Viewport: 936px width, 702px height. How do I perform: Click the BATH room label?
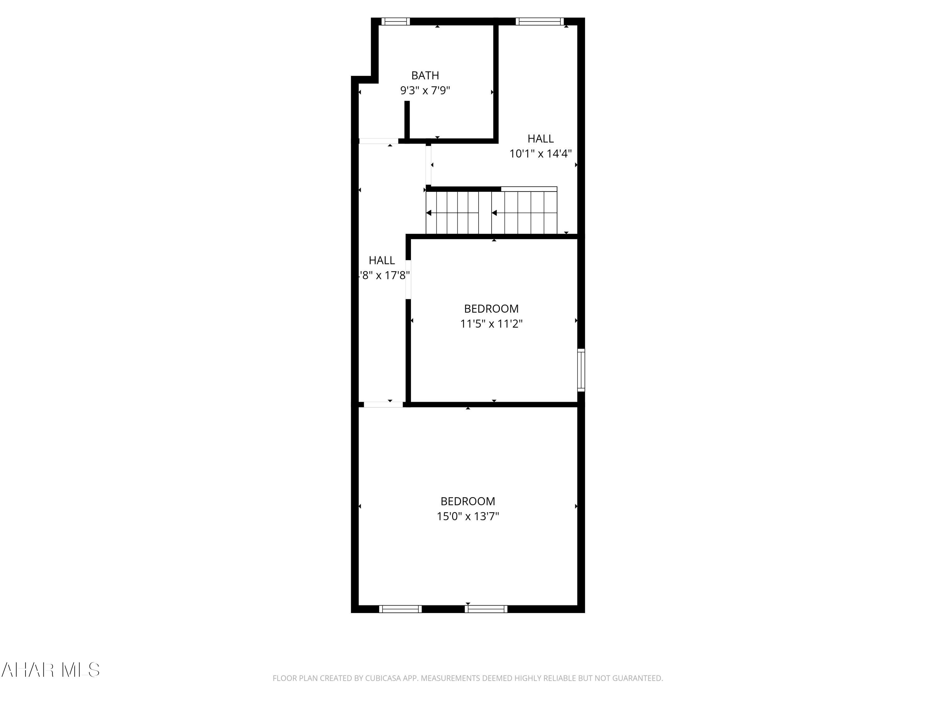point(425,75)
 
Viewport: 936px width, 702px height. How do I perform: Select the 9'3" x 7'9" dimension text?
point(425,90)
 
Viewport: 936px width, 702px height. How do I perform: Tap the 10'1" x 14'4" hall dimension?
point(540,154)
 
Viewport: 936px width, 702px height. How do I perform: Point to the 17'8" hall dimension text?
point(384,275)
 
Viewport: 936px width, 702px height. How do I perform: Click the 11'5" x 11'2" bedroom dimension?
point(491,324)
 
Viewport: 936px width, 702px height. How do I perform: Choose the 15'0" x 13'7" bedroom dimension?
point(468,516)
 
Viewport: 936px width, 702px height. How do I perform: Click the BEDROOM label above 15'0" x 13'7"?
point(468,501)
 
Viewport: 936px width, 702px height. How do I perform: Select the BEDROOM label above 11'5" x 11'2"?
point(491,309)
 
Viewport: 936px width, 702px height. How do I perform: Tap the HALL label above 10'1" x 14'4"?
point(540,138)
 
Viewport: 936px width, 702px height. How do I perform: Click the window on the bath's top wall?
point(396,21)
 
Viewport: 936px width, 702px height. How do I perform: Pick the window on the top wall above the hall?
point(539,21)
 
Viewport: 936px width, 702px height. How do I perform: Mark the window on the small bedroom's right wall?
point(581,370)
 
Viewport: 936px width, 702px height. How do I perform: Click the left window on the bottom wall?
point(400,609)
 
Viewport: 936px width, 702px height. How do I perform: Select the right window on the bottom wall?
point(486,609)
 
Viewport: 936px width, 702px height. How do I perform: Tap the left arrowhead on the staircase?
point(429,213)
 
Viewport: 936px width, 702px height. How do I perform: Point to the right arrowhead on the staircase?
point(494,213)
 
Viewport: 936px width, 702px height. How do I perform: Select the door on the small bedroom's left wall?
point(408,280)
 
